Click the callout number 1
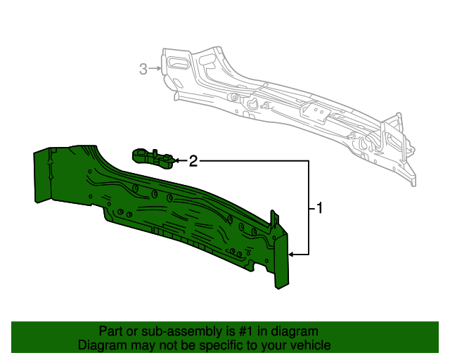tap(319, 208)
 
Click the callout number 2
tap(193, 161)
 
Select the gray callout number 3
tap(143, 68)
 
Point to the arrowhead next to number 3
tap(159, 68)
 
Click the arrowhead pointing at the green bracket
tap(176, 161)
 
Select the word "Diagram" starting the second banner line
tap(100, 345)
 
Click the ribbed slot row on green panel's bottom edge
tap(176, 235)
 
